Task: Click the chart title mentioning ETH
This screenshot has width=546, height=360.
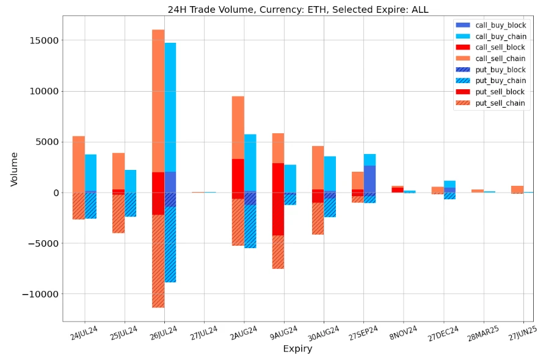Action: [298, 9]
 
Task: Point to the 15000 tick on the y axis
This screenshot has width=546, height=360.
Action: [41, 40]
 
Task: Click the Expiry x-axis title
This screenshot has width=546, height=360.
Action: [297, 349]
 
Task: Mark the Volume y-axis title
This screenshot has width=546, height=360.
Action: [14, 169]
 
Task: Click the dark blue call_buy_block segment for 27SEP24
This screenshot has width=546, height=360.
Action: [369, 178]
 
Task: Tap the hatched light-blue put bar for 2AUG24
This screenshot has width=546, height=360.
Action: [250, 226]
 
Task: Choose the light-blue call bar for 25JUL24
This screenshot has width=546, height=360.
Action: [130, 181]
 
